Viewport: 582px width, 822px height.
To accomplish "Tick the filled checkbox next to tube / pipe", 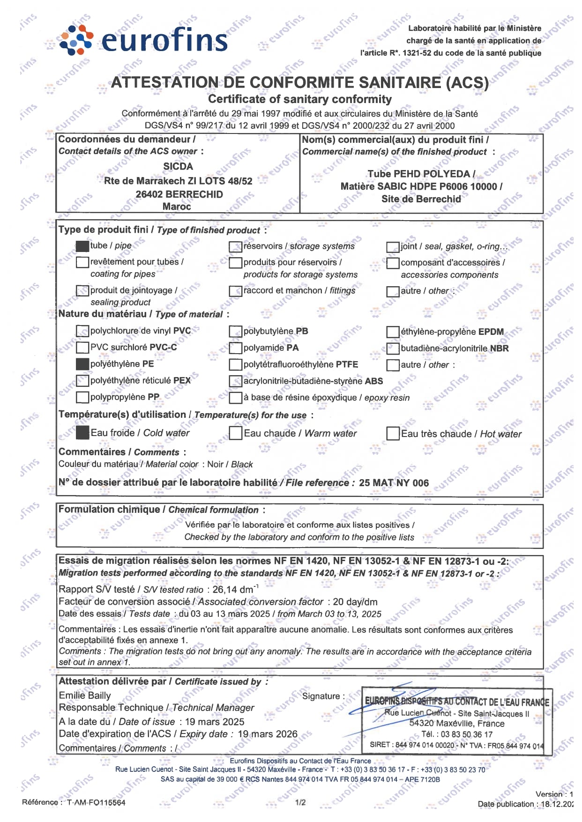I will pyautogui.click(x=82, y=246).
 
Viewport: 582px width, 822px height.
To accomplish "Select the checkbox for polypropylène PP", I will pyautogui.click(x=82, y=397).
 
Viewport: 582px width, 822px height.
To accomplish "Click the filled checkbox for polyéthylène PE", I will pyautogui.click(x=82, y=364).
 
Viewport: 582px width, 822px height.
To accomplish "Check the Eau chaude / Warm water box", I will pyautogui.click(x=236, y=433).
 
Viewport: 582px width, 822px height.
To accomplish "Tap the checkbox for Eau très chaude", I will pyautogui.click(x=393, y=434).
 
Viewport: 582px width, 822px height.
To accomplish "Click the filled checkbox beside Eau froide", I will pyautogui.click(x=82, y=433).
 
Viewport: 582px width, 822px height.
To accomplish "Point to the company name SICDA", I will pyautogui.click(x=178, y=166).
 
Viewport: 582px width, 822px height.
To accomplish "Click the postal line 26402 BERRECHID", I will pyautogui.click(x=179, y=194).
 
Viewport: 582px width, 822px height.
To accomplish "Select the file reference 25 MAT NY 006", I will pyautogui.click(x=394, y=483).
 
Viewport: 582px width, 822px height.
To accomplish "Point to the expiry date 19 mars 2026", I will pyautogui.click(x=268, y=734).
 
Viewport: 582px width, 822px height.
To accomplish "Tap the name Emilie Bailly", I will pyautogui.click(x=85, y=696).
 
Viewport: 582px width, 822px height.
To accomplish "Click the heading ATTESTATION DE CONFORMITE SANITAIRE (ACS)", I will pyautogui.click(x=300, y=82).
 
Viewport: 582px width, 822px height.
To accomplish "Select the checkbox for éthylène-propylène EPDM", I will pyautogui.click(x=393, y=332).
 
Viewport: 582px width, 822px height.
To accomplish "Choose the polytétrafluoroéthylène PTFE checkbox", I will pyautogui.click(x=236, y=364).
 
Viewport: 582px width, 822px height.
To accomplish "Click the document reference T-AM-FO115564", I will pyautogui.click(x=96, y=802).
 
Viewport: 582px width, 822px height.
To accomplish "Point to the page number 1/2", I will pyautogui.click(x=300, y=802).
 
